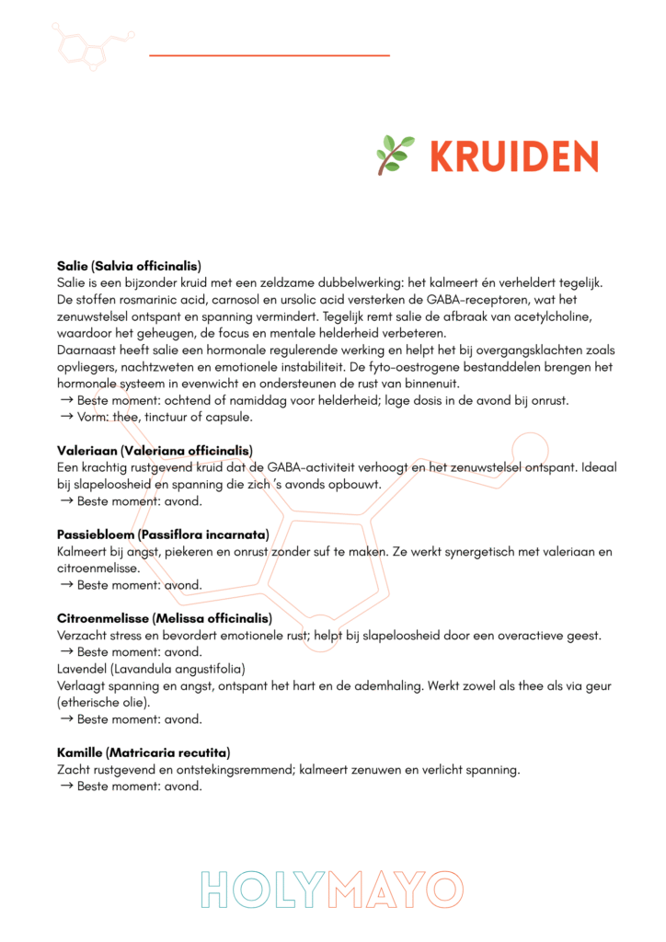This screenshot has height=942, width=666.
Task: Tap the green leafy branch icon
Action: (x=395, y=155)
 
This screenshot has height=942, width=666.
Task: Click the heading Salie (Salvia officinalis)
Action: (x=129, y=266)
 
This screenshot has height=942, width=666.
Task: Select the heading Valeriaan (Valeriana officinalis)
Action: (x=155, y=451)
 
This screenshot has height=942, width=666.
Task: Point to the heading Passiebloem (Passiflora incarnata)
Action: (x=162, y=534)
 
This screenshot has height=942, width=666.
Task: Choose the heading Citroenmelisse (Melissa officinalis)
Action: (x=165, y=618)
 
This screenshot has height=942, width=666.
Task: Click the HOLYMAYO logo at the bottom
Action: (x=332, y=890)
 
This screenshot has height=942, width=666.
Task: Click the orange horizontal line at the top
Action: (x=269, y=55)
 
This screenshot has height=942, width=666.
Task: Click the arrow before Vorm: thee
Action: (x=66, y=418)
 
